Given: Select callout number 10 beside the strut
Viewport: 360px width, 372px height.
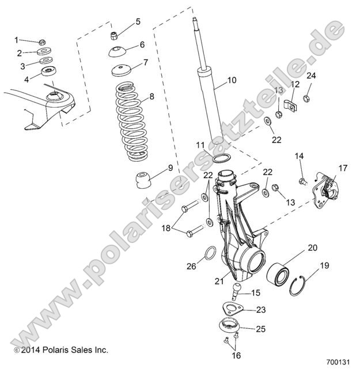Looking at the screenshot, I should click(232, 80).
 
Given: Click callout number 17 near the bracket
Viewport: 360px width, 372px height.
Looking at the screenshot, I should click(343, 168).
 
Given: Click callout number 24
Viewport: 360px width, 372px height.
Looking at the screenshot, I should click(310, 75).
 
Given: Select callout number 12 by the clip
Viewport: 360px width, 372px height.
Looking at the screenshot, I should click(294, 84).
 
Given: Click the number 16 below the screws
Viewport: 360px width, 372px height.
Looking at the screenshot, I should click(236, 356).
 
